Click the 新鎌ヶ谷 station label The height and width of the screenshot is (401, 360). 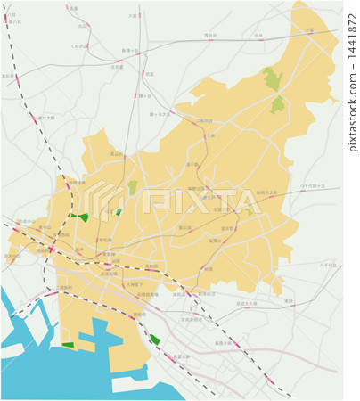point(129,51)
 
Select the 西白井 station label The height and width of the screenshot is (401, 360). point(210,36)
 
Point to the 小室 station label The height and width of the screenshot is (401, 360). point(309,30)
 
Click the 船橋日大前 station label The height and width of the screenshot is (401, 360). point(267,192)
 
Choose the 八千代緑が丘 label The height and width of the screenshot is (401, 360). point(313,185)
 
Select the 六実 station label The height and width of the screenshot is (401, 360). point(133,15)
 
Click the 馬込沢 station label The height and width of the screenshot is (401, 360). point(117,154)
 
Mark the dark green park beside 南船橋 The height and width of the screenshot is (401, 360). point(155,340)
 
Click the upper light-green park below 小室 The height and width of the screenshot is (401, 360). point(272,78)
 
